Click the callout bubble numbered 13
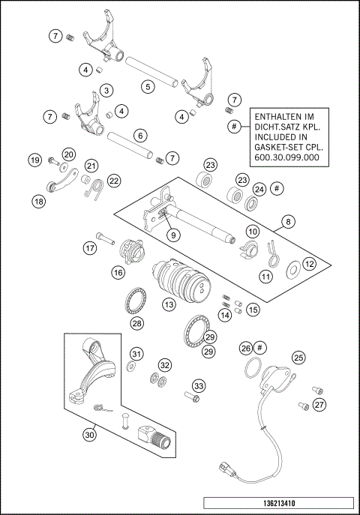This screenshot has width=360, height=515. point(169,305)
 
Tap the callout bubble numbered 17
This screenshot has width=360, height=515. point(90,248)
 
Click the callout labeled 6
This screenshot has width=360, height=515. point(139,136)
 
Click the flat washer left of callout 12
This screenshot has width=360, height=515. point(291,264)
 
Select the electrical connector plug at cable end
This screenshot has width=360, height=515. point(225,471)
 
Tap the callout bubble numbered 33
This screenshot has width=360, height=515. point(198,385)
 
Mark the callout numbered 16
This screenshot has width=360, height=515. point(118,273)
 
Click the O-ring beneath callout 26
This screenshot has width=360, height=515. point(253,368)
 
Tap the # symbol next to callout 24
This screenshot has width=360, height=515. point(277,188)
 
